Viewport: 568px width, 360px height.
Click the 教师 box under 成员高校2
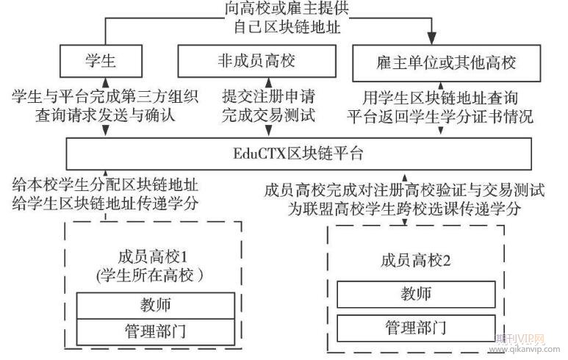[415, 295]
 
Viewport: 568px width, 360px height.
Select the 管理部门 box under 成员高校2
[415, 325]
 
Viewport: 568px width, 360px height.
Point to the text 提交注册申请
[269, 96]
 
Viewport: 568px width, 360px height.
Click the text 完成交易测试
[269, 115]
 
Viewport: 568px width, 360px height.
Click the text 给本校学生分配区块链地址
[105, 184]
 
